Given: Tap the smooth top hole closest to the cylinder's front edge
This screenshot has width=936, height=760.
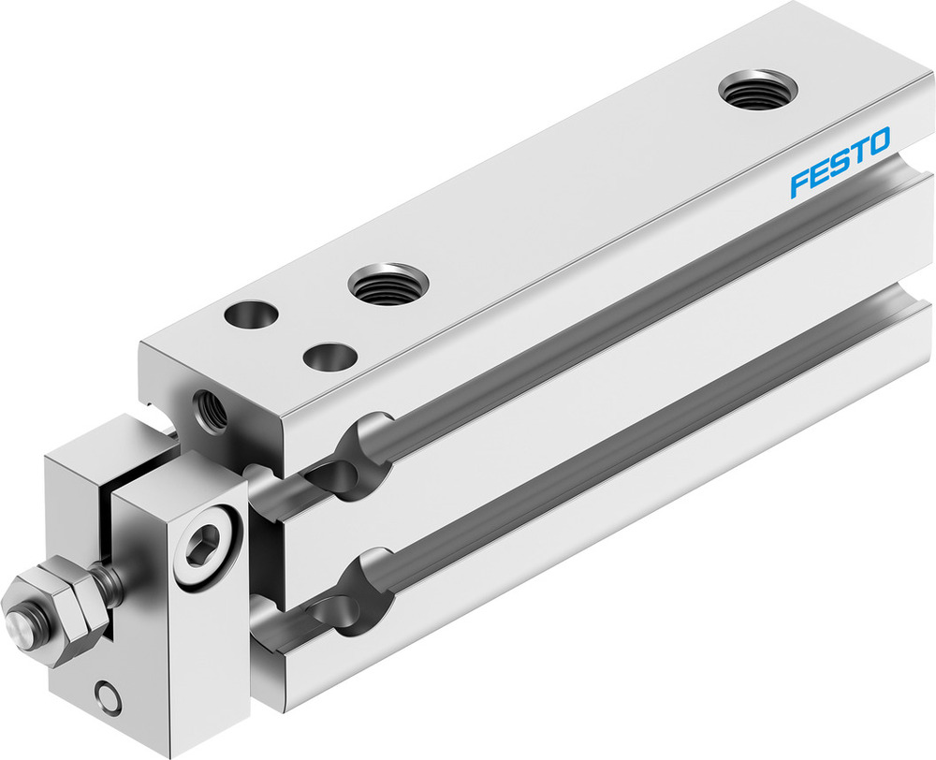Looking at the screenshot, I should click(251, 314).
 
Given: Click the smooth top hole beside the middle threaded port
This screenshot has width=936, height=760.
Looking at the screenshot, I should click(329, 357).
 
